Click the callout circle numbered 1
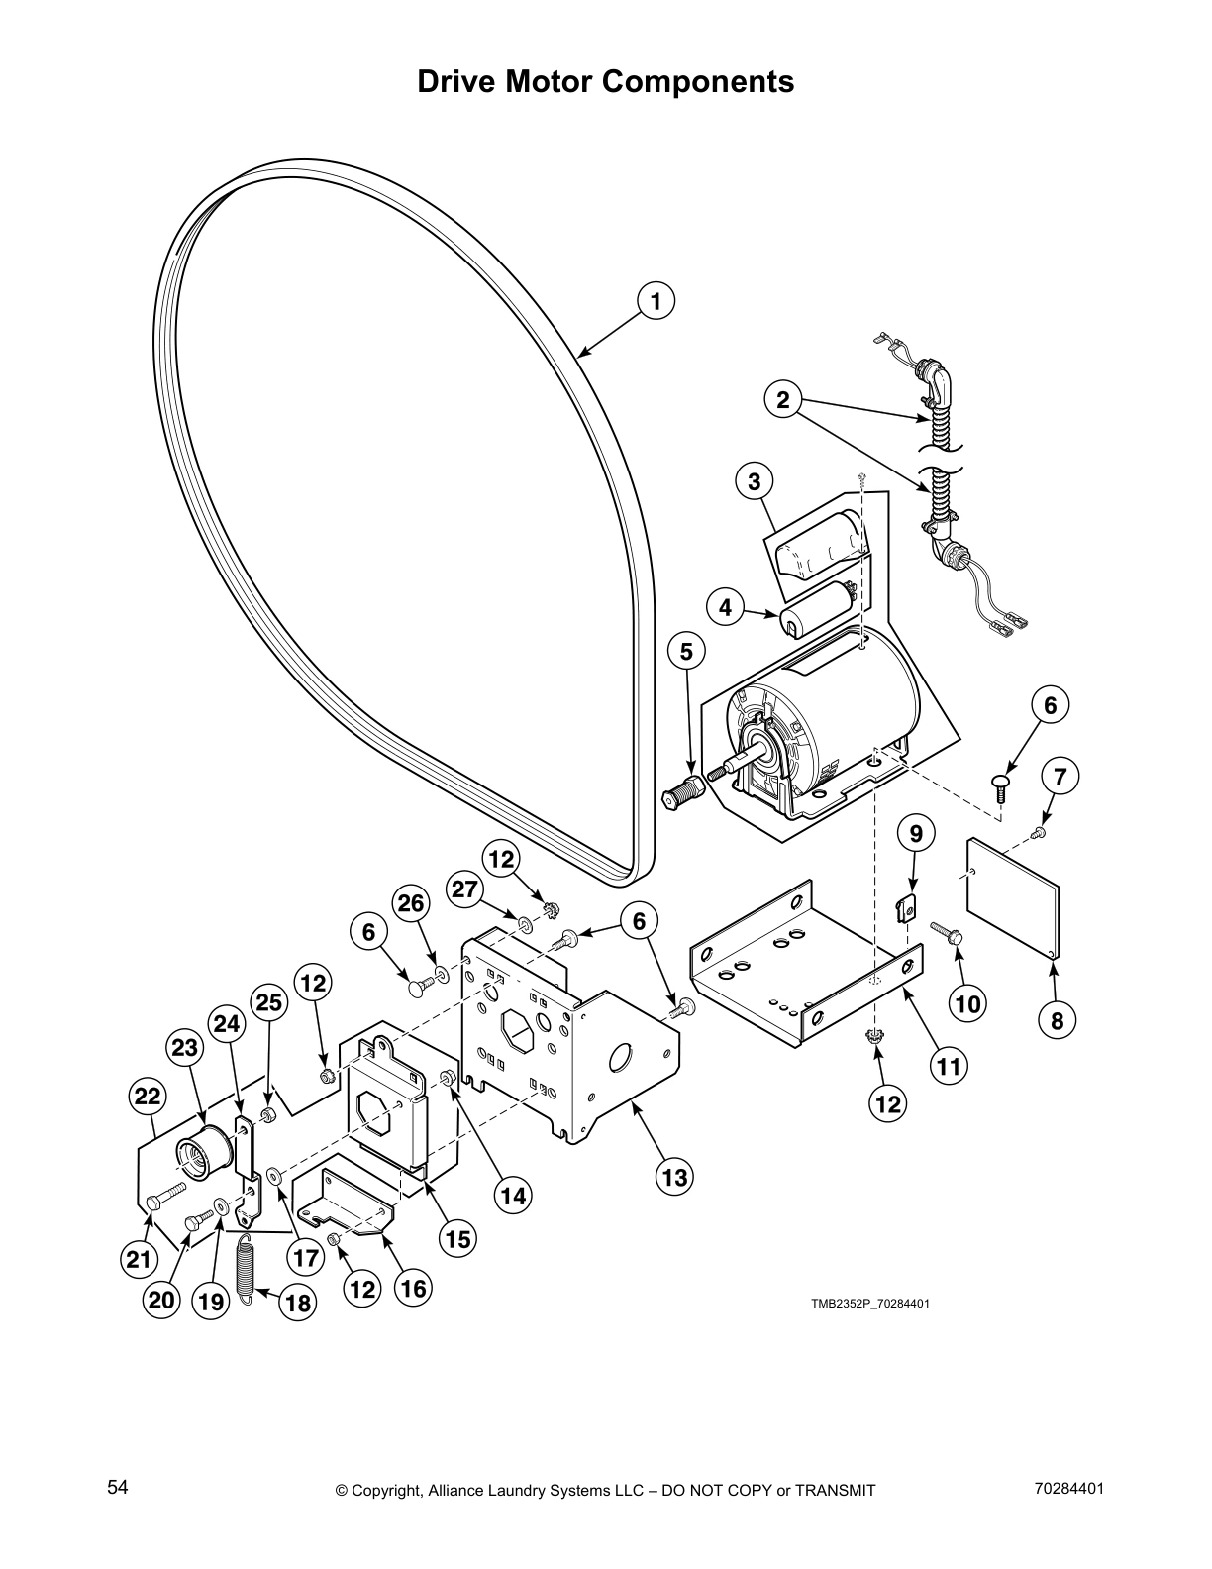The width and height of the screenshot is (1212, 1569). point(656,300)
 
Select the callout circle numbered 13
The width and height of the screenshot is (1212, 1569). point(674,1178)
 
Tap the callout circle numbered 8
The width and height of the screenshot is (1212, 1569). point(1057,1021)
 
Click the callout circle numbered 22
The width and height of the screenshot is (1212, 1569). point(148,1097)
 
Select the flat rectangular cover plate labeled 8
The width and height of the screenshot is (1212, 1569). point(1012,898)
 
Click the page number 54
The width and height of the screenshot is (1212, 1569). point(118,1487)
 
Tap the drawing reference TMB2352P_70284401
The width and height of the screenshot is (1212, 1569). point(870,1303)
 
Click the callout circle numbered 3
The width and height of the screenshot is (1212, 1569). point(755,482)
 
